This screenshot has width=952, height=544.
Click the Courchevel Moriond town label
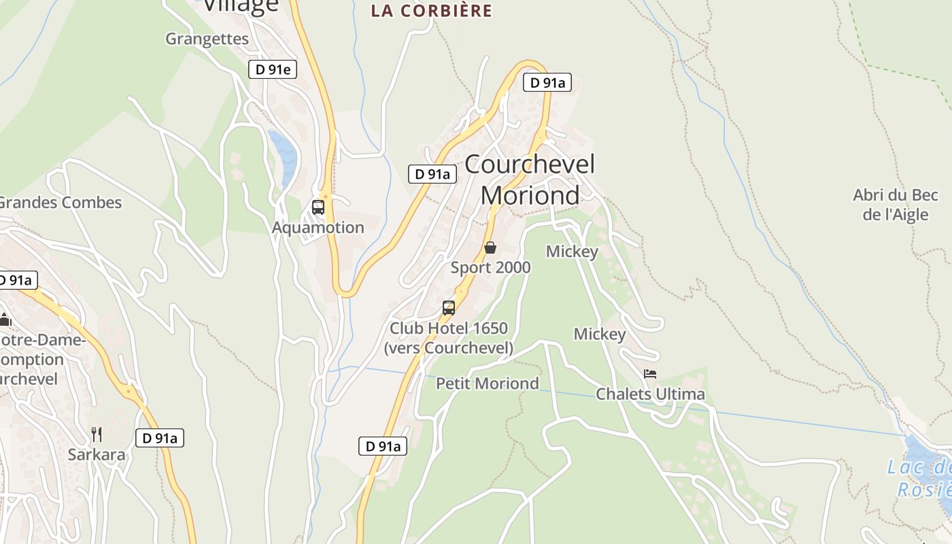530,180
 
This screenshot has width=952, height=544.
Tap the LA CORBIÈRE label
431,11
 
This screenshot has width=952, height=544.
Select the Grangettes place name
207,39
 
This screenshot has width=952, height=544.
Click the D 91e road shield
273,69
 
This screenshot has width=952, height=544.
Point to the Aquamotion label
318,227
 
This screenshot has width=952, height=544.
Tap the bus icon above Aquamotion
318,207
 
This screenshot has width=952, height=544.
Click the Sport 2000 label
490,267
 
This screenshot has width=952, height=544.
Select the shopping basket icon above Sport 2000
490,248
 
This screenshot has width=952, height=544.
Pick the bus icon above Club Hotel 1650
449,307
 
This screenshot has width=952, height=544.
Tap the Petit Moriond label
488,384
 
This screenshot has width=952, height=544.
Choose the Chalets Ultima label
650,394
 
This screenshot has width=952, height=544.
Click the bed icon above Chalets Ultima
650,374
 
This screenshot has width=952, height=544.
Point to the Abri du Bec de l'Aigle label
896,205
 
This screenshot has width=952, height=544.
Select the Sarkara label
97,454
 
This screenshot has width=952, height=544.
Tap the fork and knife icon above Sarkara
97,434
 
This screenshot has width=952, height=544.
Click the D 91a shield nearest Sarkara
160,439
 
